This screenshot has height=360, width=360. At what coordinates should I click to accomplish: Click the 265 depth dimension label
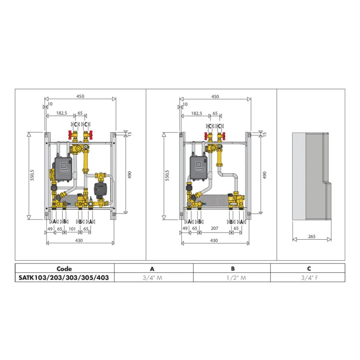[312, 236]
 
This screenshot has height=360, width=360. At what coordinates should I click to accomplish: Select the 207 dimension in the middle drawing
[214, 228]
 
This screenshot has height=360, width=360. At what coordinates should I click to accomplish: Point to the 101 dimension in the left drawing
[72, 229]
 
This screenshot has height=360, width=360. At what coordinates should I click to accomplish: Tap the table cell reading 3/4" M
[152, 278]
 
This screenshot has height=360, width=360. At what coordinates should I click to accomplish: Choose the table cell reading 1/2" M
[236, 278]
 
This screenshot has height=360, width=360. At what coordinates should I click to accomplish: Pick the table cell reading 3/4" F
[309, 278]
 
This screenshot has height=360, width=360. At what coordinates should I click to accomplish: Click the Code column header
[64, 269]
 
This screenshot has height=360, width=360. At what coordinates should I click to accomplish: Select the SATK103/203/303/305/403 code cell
[64, 278]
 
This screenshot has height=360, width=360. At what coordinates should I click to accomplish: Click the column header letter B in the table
[233, 269]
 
